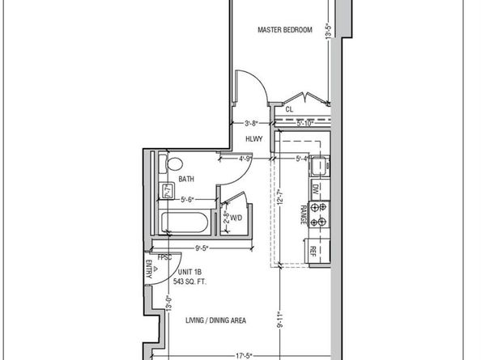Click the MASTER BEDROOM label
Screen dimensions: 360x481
(x=284, y=30)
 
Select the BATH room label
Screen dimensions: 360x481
(x=186, y=180)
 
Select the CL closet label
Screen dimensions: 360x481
(x=289, y=108)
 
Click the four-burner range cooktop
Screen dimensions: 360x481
(x=321, y=213)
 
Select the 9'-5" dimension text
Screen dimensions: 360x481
(x=202, y=249)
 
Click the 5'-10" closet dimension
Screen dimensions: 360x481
(x=304, y=124)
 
